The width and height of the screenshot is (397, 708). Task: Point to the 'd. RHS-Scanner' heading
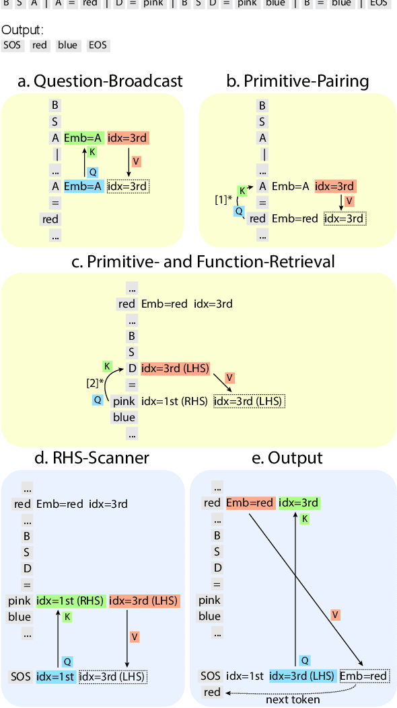click(x=92, y=457)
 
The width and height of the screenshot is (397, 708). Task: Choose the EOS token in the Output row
click(x=97, y=46)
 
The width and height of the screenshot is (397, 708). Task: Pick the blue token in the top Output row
click(x=67, y=46)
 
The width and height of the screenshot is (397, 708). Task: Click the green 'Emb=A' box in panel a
click(x=83, y=138)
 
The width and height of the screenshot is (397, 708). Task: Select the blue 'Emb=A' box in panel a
click(x=83, y=186)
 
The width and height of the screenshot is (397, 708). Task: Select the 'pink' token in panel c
click(x=124, y=401)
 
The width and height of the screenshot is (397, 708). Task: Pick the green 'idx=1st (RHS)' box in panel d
click(x=70, y=601)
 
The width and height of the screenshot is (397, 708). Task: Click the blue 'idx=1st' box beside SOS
click(x=55, y=676)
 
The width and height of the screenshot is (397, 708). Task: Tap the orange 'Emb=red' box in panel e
click(x=249, y=503)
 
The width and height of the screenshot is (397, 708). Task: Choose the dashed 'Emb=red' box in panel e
click(x=364, y=676)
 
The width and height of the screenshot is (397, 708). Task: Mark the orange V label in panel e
click(x=334, y=615)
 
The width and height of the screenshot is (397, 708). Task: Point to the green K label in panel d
click(x=67, y=616)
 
